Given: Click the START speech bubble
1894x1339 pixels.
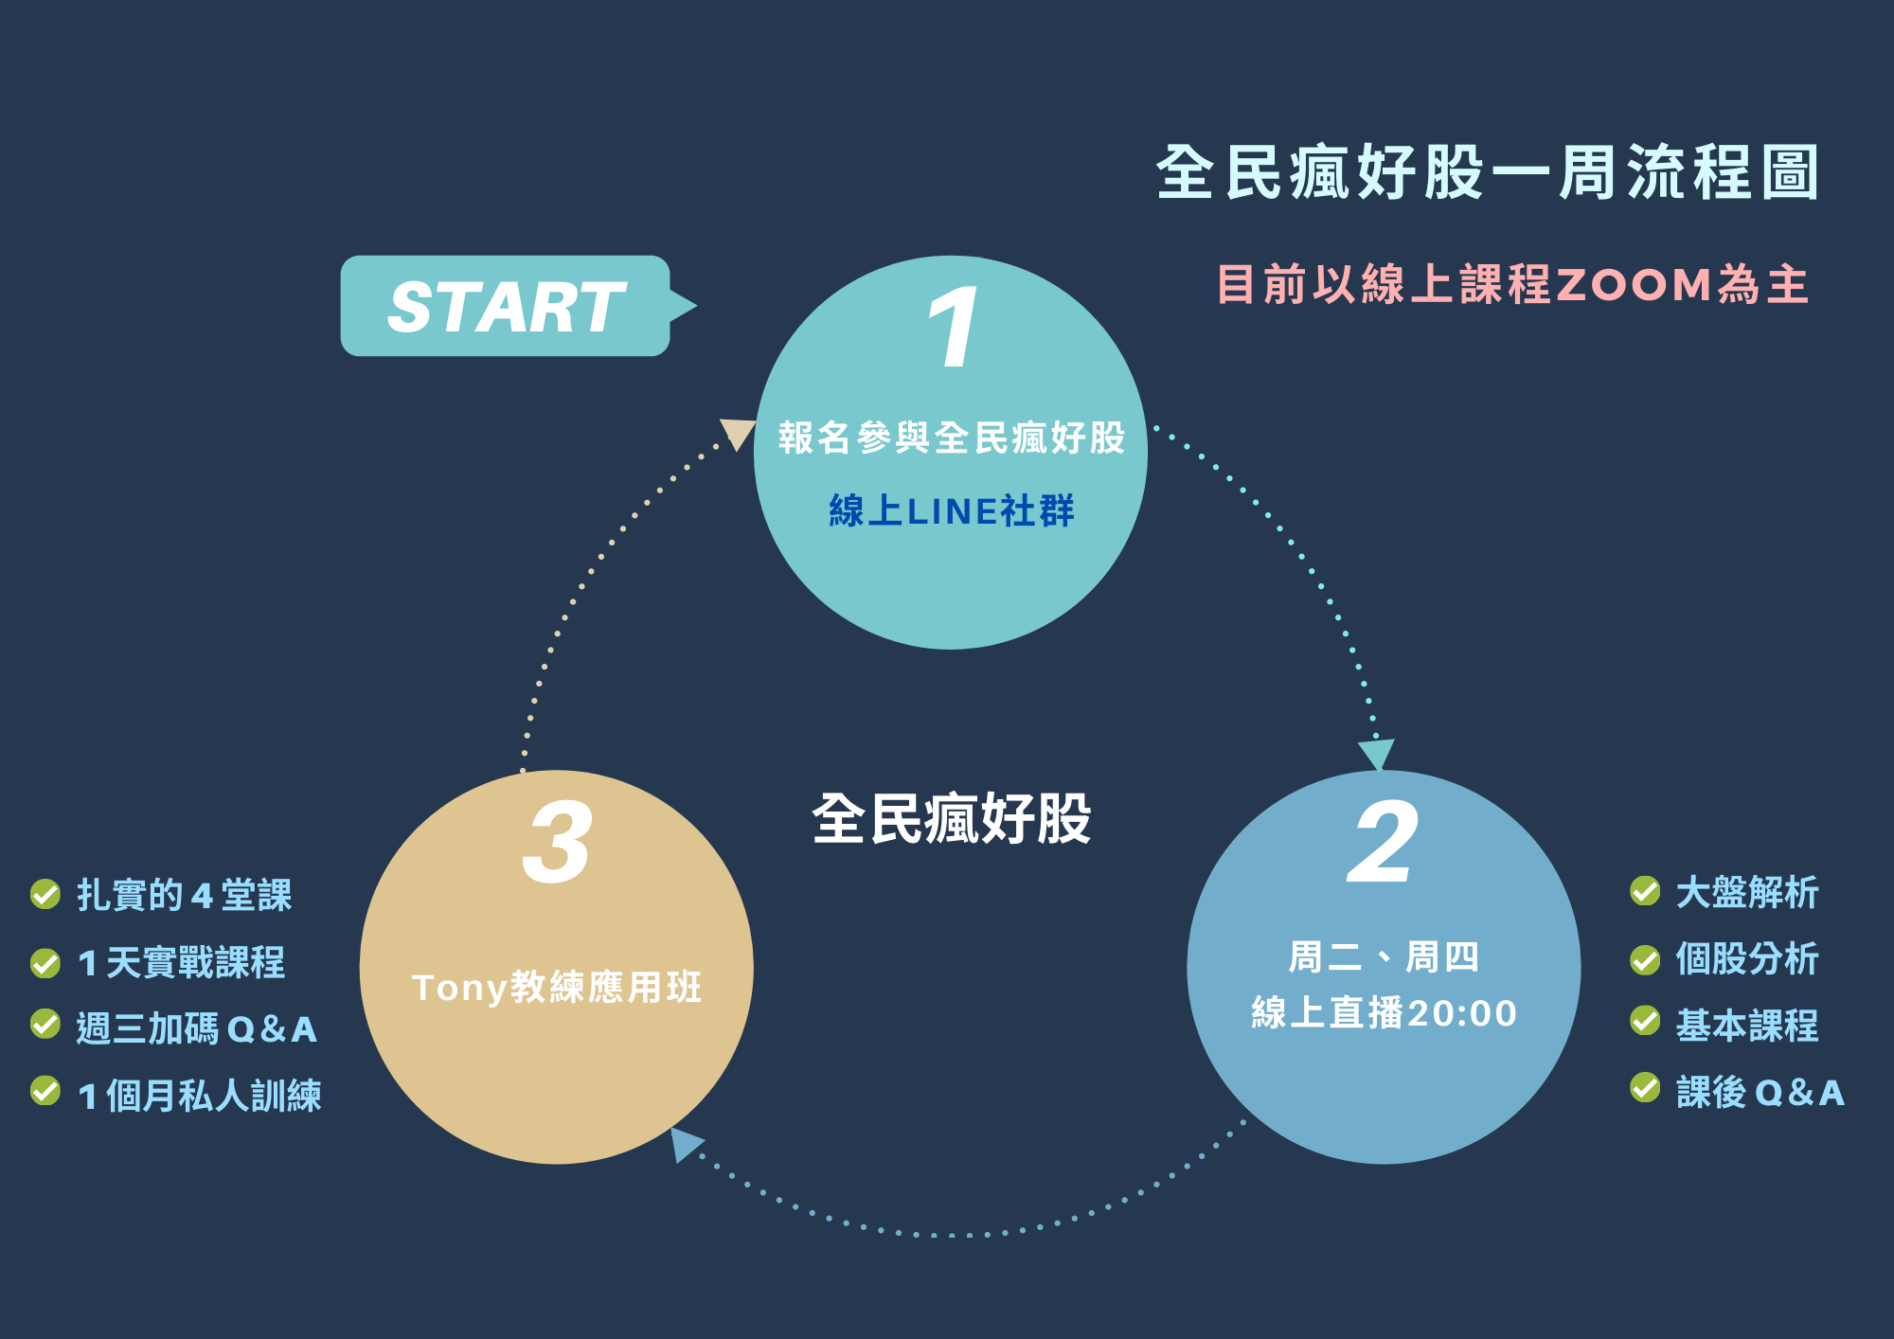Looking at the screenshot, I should tap(506, 306).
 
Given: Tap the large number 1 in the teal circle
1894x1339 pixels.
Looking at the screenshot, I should tap(952, 328).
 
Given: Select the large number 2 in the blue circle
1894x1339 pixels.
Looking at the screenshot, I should tap(1383, 842).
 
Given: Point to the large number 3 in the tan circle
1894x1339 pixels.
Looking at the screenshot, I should tap(557, 842).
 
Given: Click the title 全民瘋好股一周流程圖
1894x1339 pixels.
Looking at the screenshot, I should tap(1487, 172).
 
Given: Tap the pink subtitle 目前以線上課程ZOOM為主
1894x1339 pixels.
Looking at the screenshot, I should tap(1512, 284).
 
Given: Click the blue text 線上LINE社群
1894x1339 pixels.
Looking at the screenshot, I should tap(951, 511).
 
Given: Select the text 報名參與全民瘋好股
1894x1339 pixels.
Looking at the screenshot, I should tap(951, 437).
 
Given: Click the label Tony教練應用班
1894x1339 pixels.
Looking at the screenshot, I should tap(557, 988).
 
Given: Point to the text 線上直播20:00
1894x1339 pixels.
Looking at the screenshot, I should tap(1384, 1013).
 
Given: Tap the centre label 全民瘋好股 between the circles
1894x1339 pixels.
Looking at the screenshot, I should tap(951, 819).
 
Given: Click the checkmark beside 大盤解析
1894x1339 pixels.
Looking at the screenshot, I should tap(1645, 891).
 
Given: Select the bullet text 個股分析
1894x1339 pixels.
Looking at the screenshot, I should tap(1746, 958).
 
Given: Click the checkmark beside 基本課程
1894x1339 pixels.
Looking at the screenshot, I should tap(1645, 1021).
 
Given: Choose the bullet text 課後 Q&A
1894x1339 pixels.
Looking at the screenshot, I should tap(1760, 1093).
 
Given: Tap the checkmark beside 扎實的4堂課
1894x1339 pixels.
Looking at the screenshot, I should tap(45, 893).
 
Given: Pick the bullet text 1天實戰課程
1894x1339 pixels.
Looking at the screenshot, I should tap(181, 962).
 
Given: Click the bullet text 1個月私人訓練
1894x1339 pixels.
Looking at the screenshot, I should tap(200, 1096).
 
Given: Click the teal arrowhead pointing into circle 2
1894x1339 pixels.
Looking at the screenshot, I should tap(1377, 754).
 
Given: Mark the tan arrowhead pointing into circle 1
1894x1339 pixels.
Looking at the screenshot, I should tap(738, 434).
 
